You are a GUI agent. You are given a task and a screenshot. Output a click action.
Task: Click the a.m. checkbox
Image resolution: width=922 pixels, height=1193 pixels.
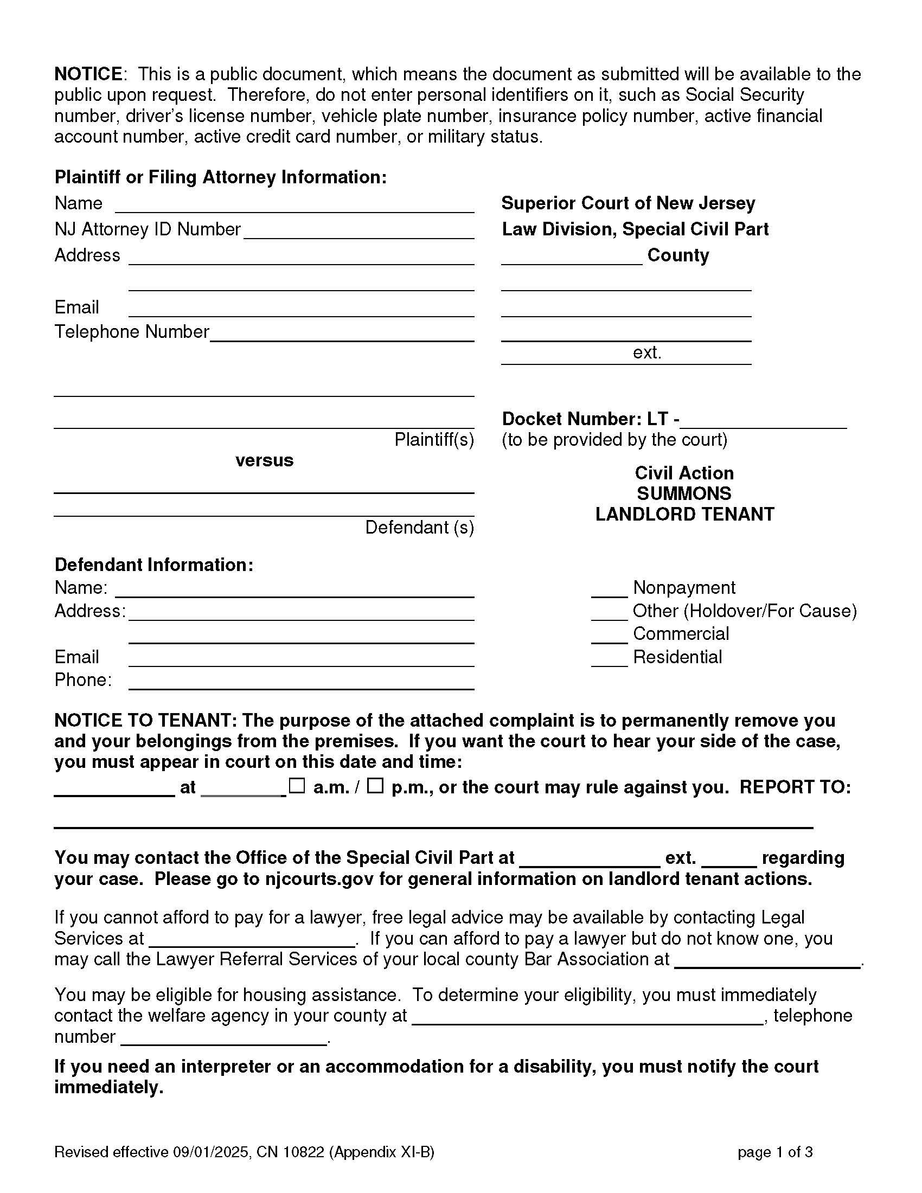click(297, 786)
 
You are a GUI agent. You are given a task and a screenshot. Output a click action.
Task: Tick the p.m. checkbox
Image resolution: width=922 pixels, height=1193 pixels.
click(375, 786)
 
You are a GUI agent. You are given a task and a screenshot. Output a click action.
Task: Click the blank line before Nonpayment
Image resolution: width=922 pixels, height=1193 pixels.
click(609, 590)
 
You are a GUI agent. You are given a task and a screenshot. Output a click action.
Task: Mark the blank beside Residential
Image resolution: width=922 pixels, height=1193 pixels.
click(609, 659)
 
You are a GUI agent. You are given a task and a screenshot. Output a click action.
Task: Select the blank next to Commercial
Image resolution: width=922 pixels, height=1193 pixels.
click(609, 637)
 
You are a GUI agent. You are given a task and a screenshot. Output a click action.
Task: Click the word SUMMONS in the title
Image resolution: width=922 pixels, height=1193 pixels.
click(684, 493)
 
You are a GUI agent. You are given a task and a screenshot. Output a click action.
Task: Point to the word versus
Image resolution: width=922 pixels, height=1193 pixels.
click(264, 460)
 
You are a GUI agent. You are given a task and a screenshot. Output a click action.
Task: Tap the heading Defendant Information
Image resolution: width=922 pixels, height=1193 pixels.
click(154, 565)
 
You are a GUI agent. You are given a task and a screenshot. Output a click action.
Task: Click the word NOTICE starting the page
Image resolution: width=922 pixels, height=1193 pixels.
click(88, 74)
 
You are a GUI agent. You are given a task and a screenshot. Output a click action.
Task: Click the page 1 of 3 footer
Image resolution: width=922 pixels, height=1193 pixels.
click(774, 1152)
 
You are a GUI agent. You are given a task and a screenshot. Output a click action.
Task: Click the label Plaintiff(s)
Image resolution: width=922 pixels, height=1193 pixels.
click(434, 439)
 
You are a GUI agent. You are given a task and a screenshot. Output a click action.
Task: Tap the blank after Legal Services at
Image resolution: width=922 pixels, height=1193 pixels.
click(251, 939)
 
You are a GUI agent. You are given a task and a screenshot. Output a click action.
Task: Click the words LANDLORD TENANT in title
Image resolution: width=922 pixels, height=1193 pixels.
click(684, 514)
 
